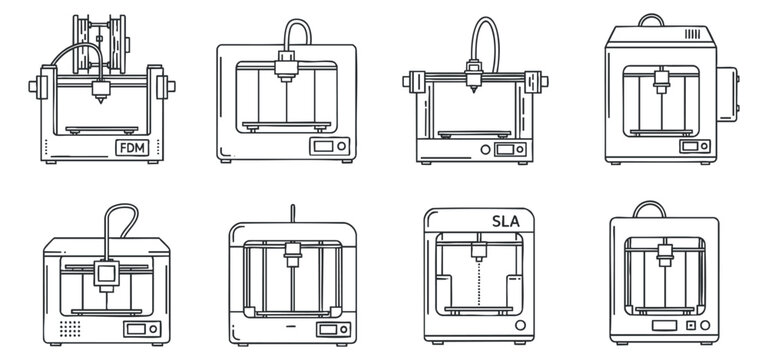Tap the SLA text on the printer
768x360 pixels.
pyautogui.click(x=507, y=223)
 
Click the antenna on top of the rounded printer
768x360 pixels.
pyautogui.click(x=291, y=211)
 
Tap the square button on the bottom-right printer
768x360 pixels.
pyautogui.click(x=689, y=326)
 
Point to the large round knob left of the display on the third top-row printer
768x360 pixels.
pyautogui.click(x=486, y=149)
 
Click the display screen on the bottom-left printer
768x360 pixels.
pyautogui.click(x=133, y=328)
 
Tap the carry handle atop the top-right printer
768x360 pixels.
pyautogui.click(x=652, y=20)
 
